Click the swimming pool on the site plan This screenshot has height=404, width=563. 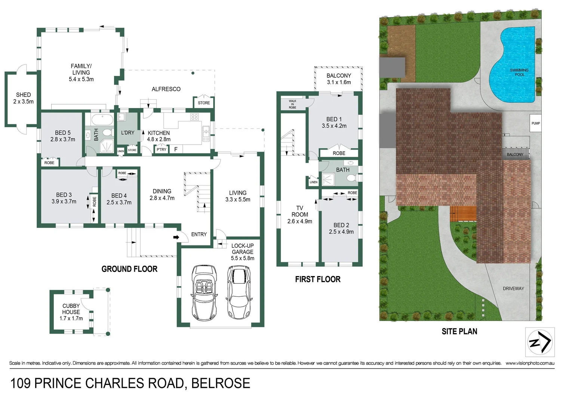pyautogui.click(x=514, y=64)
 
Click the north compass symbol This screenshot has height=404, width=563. pyautogui.click(x=539, y=342)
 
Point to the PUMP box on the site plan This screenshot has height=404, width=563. pyautogui.click(x=535, y=123)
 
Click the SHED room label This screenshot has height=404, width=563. pyautogui.click(x=23, y=95)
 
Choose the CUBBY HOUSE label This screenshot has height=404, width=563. pyautogui.click(x=71, y=309)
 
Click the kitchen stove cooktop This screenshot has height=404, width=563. pyautogui.click(x=194, y=117)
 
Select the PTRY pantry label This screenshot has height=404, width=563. pyautogui.click(x=161, y=150)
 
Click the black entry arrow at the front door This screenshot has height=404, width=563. pyautogui.click(x=176, y=237)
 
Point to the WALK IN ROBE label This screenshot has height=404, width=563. pyautogui.click(x=292, y=104)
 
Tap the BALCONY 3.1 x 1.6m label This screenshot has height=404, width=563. pyautogui.click(x=339, y=79)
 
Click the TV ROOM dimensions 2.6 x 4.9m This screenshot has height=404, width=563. pyautogui.click(x=299, y=221)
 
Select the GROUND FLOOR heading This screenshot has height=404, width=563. pyautogui.click(x=129, y=269)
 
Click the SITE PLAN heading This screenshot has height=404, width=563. pyautogui.click(x=459, y=331)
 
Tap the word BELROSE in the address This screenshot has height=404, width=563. pyautogui.click(x=221, y=383)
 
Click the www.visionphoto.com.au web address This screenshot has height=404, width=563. pyautogui.click(x=530, y=363)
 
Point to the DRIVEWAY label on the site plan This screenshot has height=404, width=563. pyautogui.click(x=513, y=288)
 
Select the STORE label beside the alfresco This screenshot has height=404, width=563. pyautogui.click(x=204, y=103)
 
